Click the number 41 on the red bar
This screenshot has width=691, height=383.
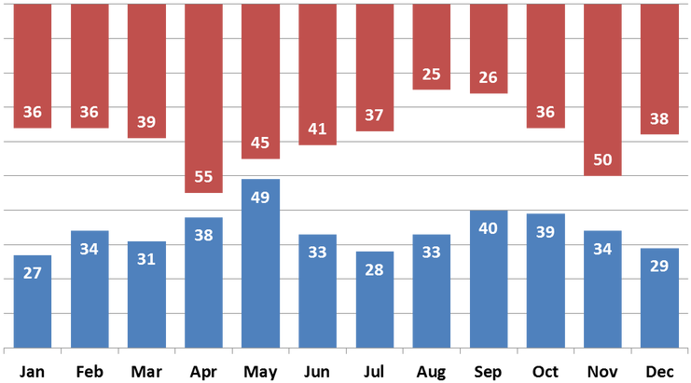pos(317,129)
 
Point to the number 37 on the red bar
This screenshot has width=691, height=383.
pos(374,116)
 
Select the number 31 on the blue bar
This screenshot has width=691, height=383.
pos(146,259)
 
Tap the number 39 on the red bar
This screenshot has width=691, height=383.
pos(146,122)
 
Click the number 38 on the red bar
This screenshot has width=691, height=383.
pos(659,119)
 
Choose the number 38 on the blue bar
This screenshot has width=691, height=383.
pos(203,236)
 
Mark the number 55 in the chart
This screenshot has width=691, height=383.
pos(203,176)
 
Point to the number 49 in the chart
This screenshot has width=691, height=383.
pos(260,198)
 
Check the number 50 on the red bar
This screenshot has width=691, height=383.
pos(602,159)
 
